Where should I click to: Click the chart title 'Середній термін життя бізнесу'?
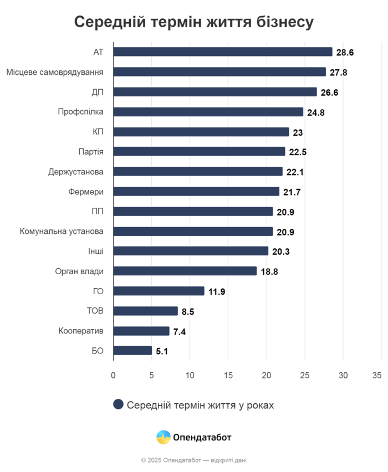tap(194, 22)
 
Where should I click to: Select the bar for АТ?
tap(223, 52)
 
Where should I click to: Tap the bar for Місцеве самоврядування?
tap(219, 71)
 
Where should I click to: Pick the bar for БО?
tap(133, 351)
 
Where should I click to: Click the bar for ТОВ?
tap(146, 311)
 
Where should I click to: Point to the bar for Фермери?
tap(196, 191)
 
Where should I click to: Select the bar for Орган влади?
tap(185, 271)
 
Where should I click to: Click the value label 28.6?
tap(345, 53)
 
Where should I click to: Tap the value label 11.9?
tap(217, 292)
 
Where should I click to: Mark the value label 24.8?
tap(315, 112)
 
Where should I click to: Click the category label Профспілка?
tap(80, 112)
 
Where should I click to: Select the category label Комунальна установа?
tap(62, 231)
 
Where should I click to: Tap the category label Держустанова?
tap(76, 172)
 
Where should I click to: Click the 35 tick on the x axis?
tap(377, 375)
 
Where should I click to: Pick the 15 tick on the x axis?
tap(228, 375)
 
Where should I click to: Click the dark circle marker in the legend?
tap(118, 404)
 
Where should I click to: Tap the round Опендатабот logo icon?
tap(164, 437)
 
